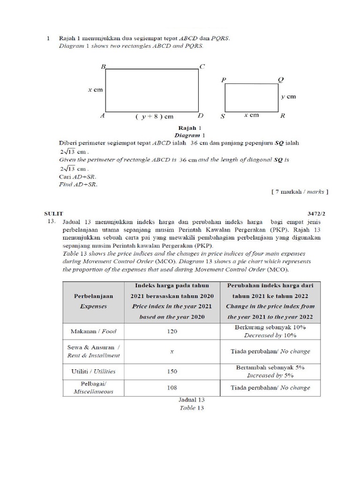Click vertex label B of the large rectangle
click(104, 67)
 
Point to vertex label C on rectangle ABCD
click(202, 67)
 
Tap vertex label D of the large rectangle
click(200, 116)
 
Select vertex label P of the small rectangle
click(224, 80)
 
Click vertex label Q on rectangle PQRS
click(281, 80)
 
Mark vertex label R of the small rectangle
click(282, 116)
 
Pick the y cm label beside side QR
click(288, 97)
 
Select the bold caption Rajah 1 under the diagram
click(190, 127)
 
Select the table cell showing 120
click(172, 331)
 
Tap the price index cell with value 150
click(172, 371)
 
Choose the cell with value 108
click(172, 388)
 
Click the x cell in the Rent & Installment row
click(172, 351)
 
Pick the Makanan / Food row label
click(93, 331)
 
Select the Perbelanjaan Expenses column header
click(93, 301)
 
